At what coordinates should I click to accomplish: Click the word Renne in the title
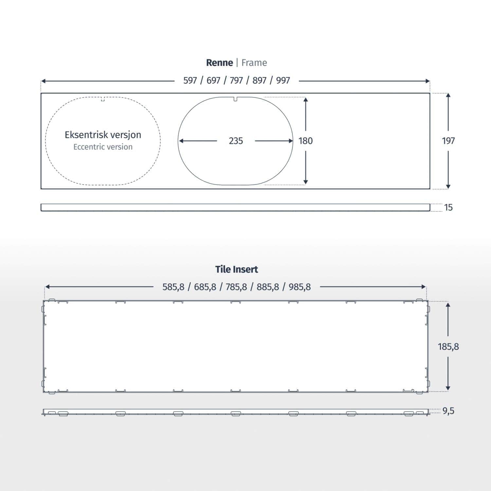point(219,63)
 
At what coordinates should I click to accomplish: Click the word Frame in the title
point(254,63)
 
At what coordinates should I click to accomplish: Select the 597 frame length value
point(190,81)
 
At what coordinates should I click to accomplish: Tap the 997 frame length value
point(283,81)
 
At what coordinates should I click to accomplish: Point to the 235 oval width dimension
point(236,141)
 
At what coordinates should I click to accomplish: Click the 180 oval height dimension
point(305,141)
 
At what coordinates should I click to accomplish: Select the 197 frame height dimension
point(448,141)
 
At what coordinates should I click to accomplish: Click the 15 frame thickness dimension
point(448,208)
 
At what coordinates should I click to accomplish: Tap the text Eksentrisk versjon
point(103,135)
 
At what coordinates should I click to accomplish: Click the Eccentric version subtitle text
point(103,147)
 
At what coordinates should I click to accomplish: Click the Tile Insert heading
point(236,269)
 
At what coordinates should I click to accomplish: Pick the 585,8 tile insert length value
point(173,287)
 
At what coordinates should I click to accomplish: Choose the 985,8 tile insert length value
point(300,287)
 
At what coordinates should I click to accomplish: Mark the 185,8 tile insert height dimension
point(448,347)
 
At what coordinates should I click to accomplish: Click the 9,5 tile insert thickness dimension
point(448,411)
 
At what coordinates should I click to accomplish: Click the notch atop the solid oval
point(235,99)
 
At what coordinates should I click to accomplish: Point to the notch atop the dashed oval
point(103,99)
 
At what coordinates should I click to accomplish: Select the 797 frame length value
point(236,81)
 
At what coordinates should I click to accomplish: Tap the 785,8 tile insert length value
point(236,287)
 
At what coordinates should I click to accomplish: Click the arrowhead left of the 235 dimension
point(181,141)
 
